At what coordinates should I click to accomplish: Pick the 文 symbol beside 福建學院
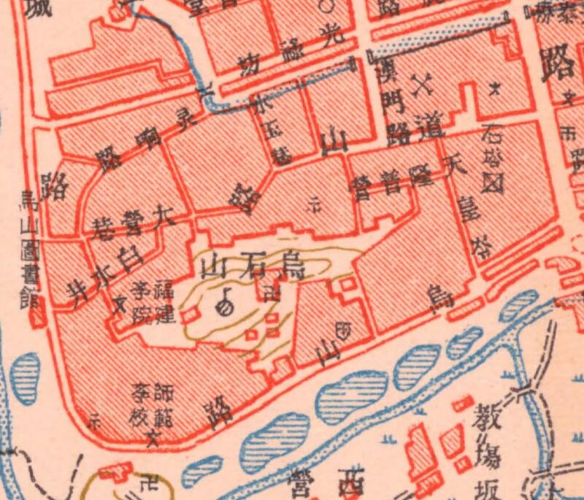click(x=119, y=301)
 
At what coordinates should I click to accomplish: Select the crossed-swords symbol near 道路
click(x=422, y=88)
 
